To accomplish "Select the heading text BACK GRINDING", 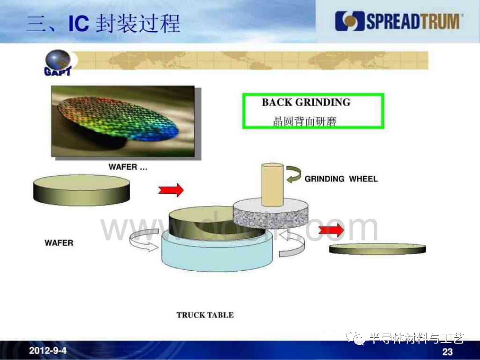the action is pos(306,102).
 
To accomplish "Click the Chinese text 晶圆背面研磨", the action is pos(304,121).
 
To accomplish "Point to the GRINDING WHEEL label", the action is pos(341,179).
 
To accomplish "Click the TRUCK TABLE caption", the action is pos(205,315).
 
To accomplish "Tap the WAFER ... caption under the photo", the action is pos(128,167).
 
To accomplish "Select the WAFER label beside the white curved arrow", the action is pos(59,243).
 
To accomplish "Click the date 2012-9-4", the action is pos(48,350).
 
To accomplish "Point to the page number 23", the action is pos(447,352).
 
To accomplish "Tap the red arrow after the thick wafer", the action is pos(171,190).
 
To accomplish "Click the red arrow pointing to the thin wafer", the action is pos(331,230).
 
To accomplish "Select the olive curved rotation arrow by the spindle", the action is pos(294,174).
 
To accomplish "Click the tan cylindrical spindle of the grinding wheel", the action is pos(272,185).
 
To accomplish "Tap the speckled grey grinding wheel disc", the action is pos(271,214).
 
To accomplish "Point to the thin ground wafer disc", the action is pos(377,249).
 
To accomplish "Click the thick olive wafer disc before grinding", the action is pos(81,190).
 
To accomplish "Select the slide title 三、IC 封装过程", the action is pos(103,24).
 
